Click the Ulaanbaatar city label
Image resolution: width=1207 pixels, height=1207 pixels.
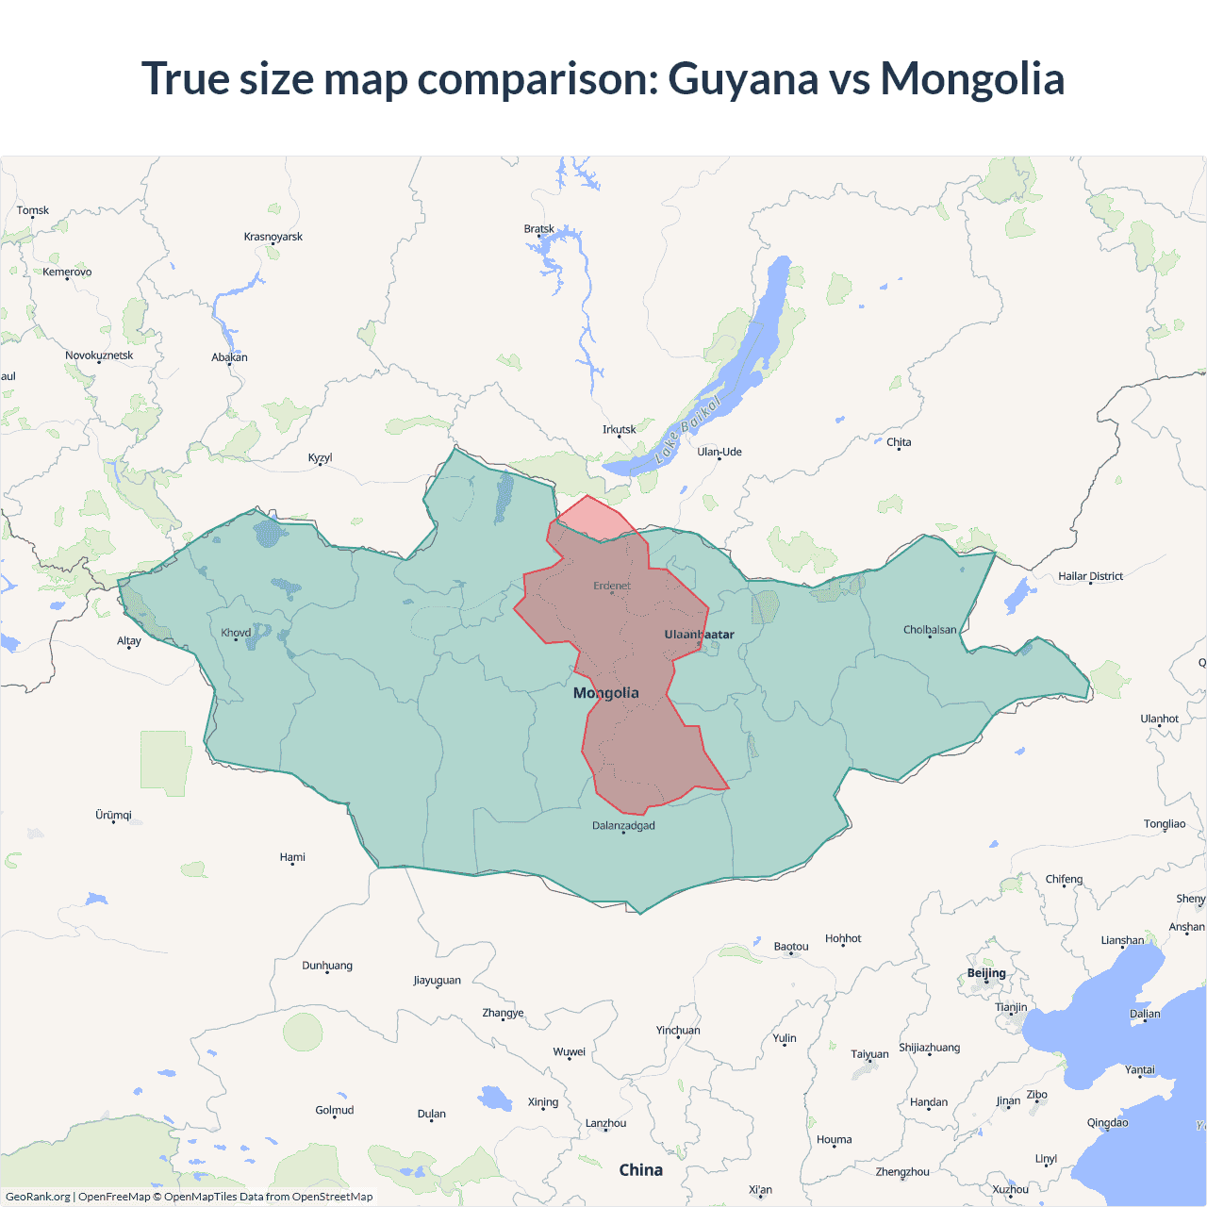[x=699, y=635]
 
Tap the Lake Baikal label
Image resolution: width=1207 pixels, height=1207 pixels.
[x=688, y=429]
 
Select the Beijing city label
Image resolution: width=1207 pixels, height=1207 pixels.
[x=986, y=973]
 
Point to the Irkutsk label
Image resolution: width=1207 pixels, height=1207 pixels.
[x=620, y=430]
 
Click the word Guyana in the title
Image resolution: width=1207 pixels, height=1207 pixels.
[x=743, y=78]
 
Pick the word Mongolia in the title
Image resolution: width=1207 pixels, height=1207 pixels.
[x=972, y=78]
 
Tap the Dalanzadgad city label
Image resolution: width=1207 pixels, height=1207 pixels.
[x=623, y=826]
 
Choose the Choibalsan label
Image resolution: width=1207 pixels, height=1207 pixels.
[x=930, y=630]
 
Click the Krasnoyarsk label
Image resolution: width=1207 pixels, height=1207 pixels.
[x=273, y=237]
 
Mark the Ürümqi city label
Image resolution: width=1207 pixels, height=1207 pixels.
[x=113, y=815]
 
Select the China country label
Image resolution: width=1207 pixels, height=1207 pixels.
[x=641, y=1170]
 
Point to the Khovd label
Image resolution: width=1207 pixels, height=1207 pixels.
[x=236, y=633]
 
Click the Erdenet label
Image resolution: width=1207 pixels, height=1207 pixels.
[x=612, y=586]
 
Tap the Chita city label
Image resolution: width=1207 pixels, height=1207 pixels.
[x=899, y=442]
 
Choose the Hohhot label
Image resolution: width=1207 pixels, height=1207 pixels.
[x=843, y=938]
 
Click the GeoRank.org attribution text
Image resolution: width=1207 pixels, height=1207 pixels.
[x=38, y=1197]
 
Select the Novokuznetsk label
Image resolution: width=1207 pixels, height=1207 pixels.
[x=99, y=355]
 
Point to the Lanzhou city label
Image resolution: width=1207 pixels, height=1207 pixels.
[x=605, y=1123]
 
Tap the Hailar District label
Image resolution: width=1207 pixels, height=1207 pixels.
[x=1090, y=576]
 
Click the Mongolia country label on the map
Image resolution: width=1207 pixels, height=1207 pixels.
[x=606, y=693]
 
